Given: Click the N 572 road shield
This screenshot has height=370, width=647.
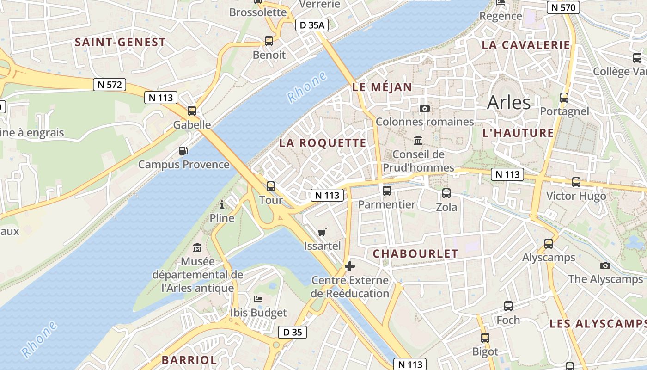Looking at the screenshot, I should coord(110,85).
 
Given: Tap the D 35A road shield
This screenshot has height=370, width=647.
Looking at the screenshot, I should coord(312,25).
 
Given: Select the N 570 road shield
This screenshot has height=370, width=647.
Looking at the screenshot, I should coord(563,7).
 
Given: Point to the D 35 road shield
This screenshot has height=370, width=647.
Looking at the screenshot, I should coord(293,332).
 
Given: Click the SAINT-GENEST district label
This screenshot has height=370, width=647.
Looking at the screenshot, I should coord(120,42).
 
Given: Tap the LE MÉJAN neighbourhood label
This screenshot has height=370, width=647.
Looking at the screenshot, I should coord(382,87).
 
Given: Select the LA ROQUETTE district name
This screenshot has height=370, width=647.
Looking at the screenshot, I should coord(323,143).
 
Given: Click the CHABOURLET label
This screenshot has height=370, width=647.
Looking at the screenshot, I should coord(415,253).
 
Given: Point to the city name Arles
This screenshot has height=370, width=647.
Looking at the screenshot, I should coord(509,102).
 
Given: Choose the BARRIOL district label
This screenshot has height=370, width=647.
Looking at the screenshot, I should coord(189,360).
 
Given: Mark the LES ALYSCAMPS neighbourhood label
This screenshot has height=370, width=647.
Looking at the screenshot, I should coord(598,324).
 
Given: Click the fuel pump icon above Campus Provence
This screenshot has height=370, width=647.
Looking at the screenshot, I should coord(183,151).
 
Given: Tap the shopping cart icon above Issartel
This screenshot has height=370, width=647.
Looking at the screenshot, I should coord(322,232).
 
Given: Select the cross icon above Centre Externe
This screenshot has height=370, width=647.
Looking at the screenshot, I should coord(350,266).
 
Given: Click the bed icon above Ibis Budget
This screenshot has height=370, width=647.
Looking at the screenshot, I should coord(258,299).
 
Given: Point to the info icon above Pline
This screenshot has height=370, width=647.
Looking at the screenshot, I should coord(222,204).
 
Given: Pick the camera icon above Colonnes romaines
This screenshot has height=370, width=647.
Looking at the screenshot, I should coord(424,108).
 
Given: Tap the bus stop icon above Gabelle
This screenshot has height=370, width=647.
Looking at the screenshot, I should coord(192,111).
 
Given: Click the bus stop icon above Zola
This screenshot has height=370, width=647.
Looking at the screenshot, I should coord(446,193).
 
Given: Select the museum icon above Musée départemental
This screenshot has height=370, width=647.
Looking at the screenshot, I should coord(197,248).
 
